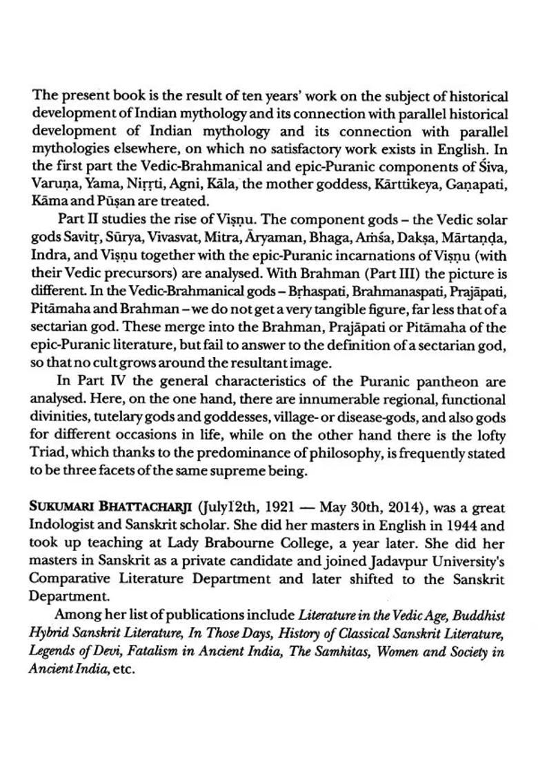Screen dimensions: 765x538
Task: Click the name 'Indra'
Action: coord(47,255)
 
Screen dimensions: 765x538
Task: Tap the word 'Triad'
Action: coord(48,454)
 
